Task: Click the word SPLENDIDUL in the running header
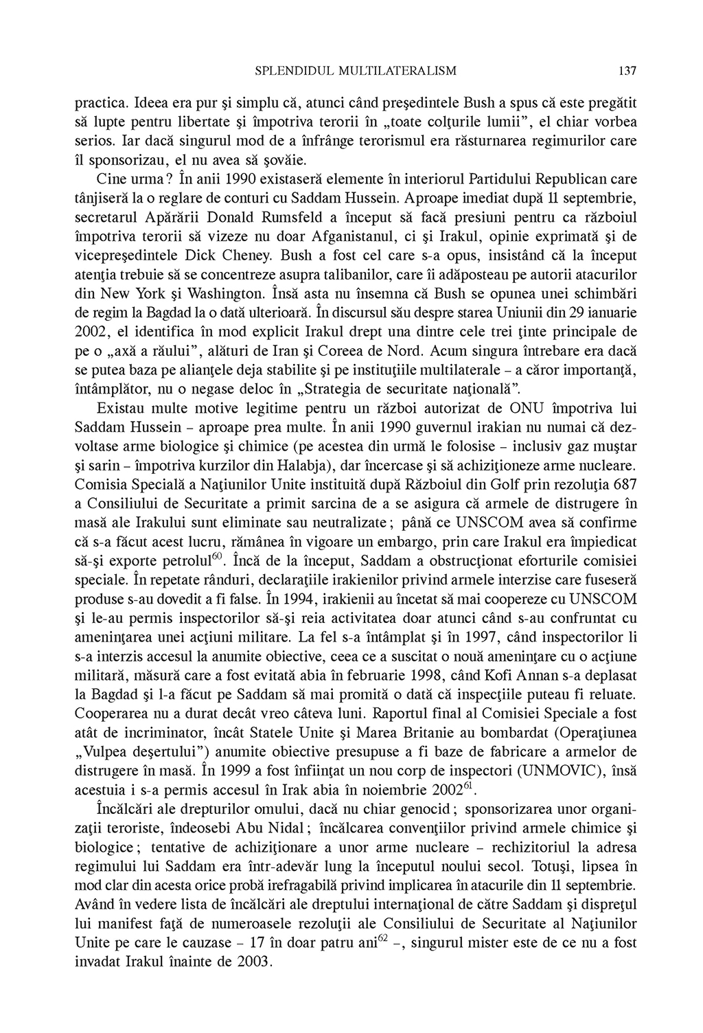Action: click(286, 71)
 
